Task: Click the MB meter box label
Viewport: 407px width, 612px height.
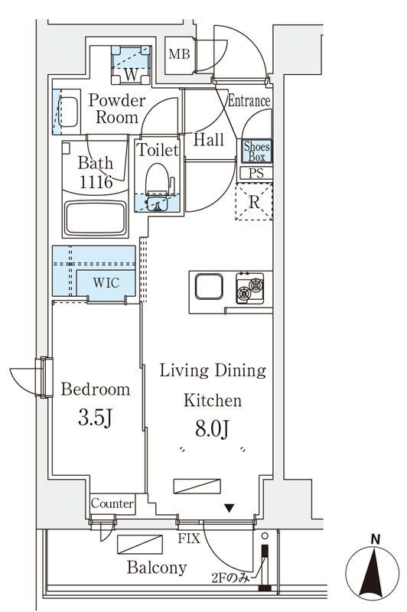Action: pos(179,54)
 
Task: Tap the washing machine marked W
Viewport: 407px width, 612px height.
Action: pos(131,65)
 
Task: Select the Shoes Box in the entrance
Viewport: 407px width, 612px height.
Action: pos(256,151)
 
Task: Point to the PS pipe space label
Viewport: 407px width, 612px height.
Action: pos(256,174)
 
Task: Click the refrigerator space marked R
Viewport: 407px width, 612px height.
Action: pos(254,202)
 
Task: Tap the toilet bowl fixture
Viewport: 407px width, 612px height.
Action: pos(158,184)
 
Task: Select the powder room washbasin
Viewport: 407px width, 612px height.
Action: pos(68,112)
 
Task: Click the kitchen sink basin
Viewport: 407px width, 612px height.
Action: pos(209,286)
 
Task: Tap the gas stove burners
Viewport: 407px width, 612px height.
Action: pos(249,288)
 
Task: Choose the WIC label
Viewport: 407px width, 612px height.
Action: pos(106,282)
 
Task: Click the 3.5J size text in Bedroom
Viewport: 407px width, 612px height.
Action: pos(95,418)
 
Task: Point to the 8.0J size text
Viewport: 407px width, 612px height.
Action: pos(212,429)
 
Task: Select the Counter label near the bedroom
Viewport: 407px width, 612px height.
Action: pos(112,503)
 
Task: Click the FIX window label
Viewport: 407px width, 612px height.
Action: pos(189,539)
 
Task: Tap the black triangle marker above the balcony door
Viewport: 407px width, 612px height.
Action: pos(229,509)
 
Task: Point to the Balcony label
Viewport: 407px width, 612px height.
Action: pos(157,567)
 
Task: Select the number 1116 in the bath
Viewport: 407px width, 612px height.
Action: pos(96,182)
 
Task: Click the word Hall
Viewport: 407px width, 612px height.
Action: pos(209,140)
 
